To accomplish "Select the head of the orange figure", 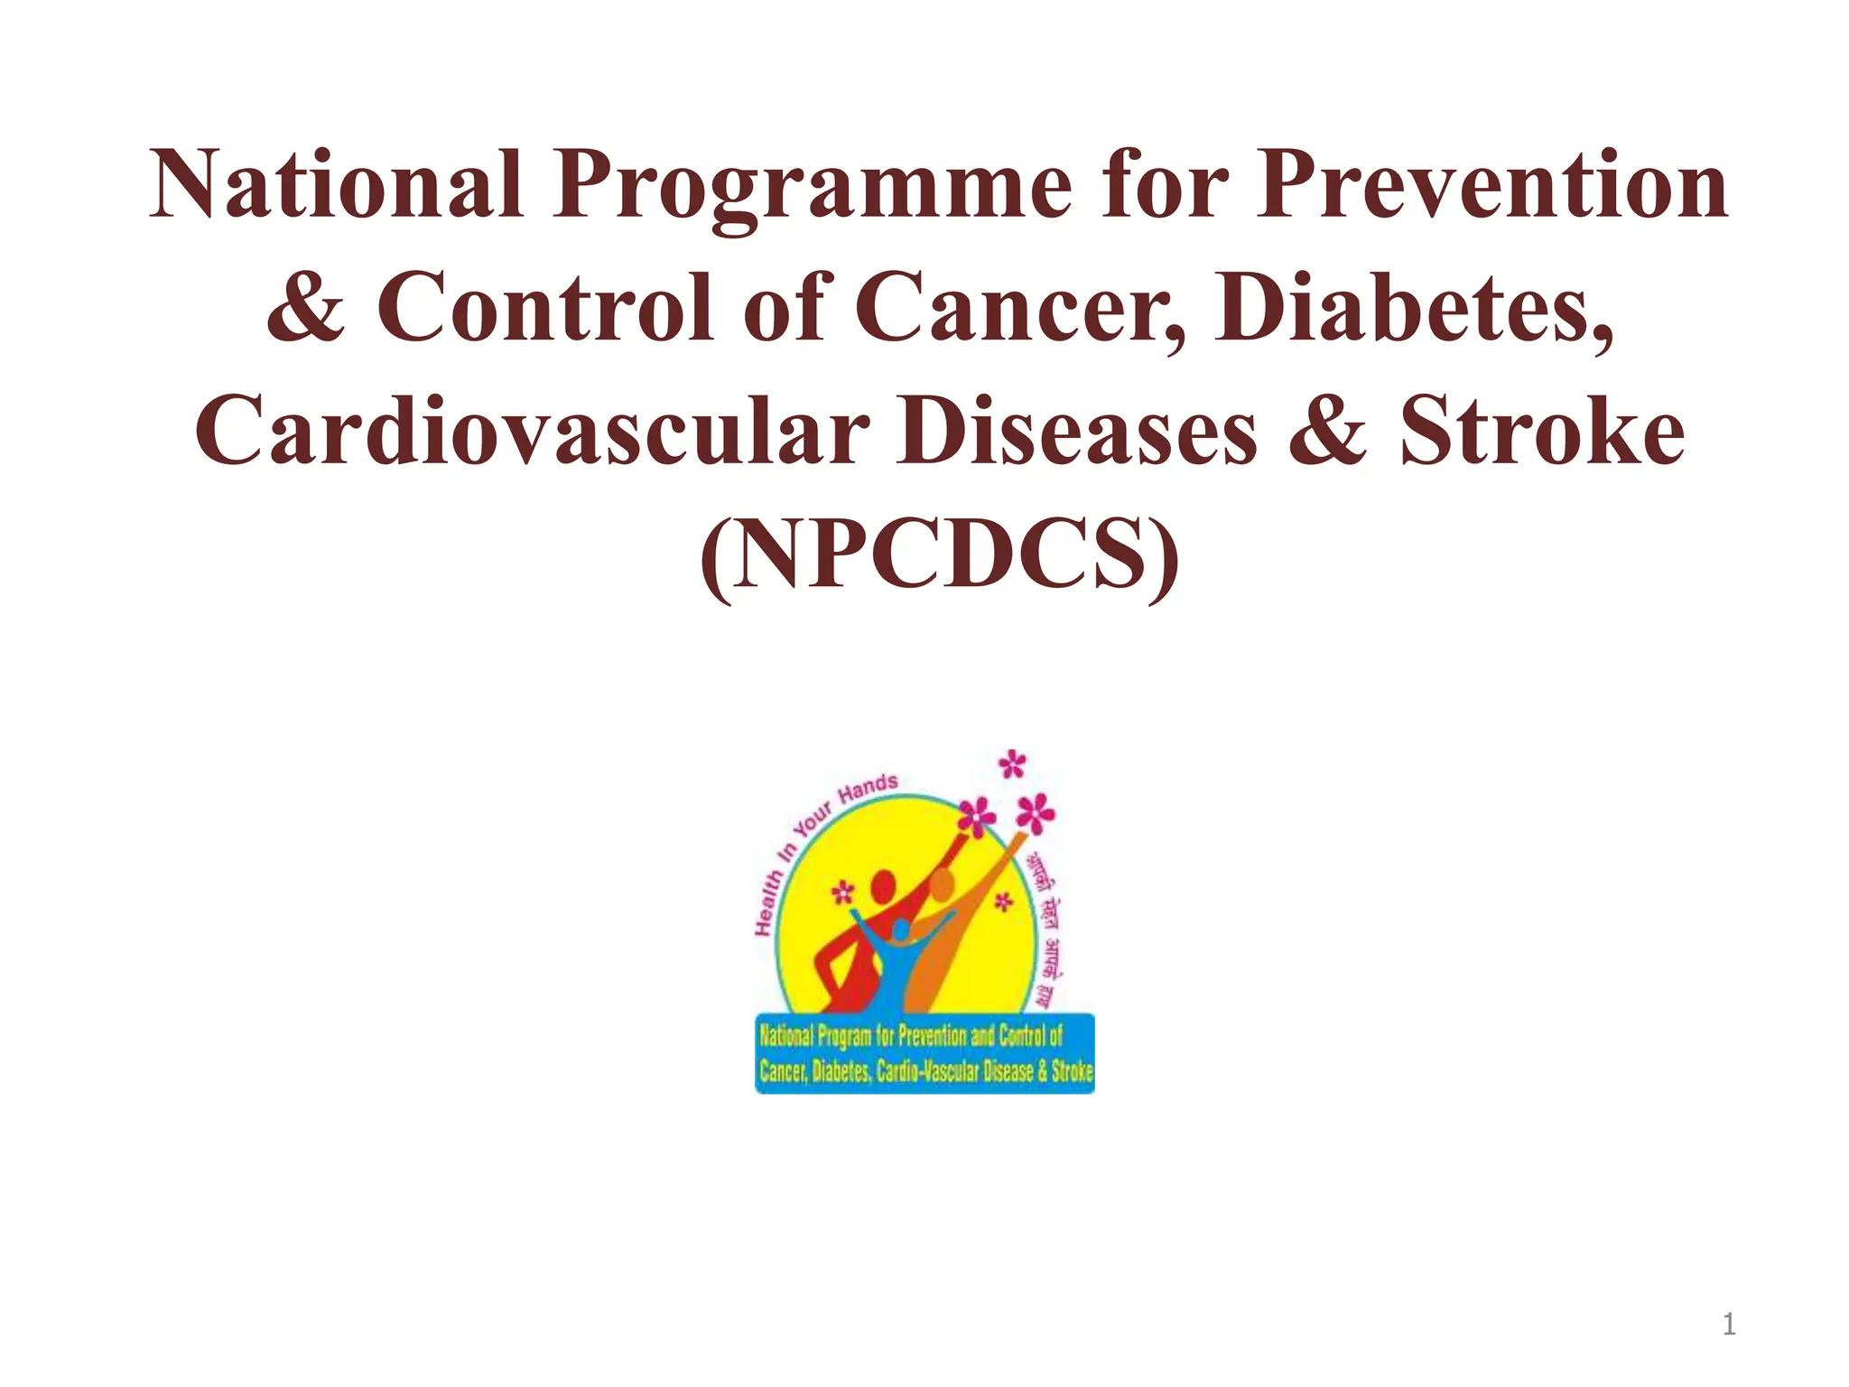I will [x=941, y=883].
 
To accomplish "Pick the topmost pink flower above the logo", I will [x=1013, y=765].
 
